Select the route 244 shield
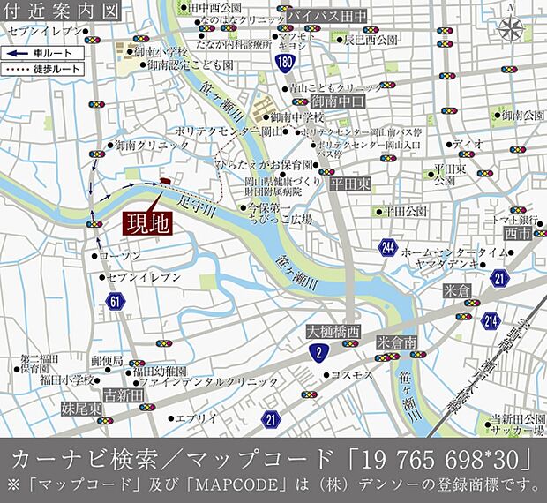click(x=388, y=250)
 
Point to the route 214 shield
click(x=491, y=321)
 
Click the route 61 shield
click(x=116, y=302)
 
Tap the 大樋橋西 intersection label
click(x=333, y=331)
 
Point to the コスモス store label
click(x=351, y=375)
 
